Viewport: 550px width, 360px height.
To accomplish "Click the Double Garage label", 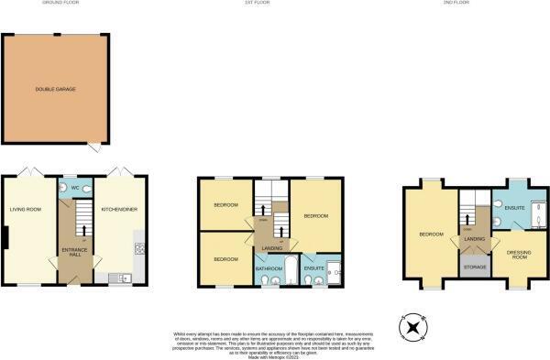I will pyautogui.click(x=55, y=89).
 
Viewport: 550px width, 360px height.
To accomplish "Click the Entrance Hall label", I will pyautogui.click(x=73, y=252).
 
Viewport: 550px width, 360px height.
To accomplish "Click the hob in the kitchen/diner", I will pyautogui.click(x=138, y=247).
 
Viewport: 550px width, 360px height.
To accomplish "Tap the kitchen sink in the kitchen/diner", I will pyautogui.click(x=125, y=278).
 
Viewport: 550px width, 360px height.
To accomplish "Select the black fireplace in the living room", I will pyautogui.click(x=5, y=238).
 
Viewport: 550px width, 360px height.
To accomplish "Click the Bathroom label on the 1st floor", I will pyautogui.click(x=269, y=268).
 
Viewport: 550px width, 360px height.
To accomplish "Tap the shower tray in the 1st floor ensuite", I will pyautogui.click(x=335, y=270).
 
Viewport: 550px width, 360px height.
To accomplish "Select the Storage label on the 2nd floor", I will pyautogui.click(x=474, y=268).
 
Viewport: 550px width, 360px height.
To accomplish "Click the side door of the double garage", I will pyautogui.click(x=93, y=146).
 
